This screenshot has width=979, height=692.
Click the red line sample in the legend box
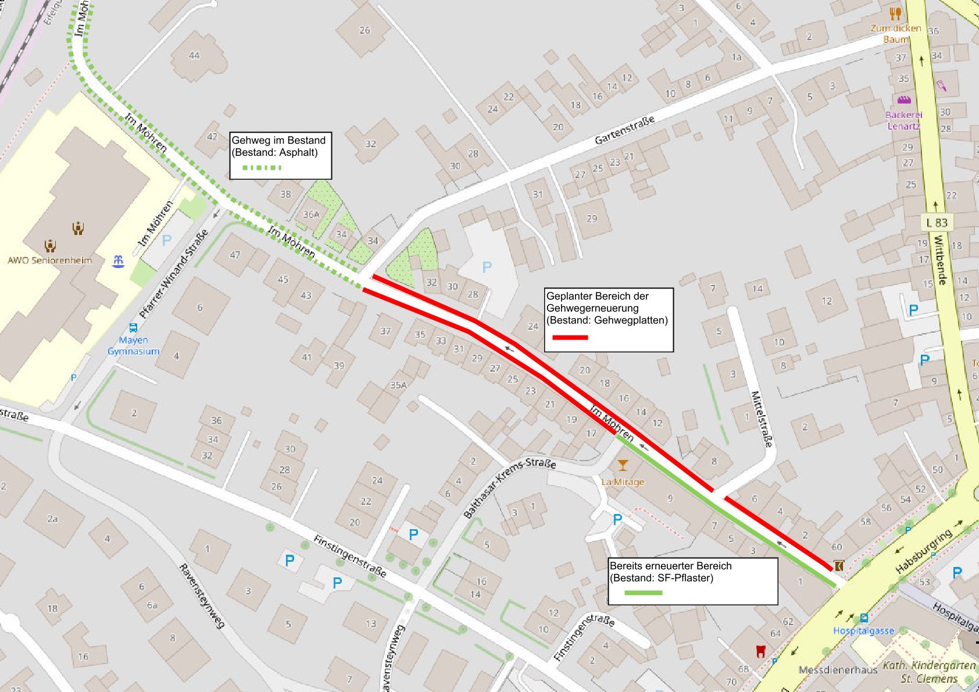(x=569, y=337)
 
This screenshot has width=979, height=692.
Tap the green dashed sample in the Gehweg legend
(x=262, y=167)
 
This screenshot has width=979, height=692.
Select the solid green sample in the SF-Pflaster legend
(x=643, y=593)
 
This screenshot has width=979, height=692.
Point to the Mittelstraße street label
(x=762, y=419)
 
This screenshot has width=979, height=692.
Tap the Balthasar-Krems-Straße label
(x=509, y=487)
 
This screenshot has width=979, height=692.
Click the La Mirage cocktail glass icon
(x=623, y=465)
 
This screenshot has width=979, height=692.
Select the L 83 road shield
(x=937, y=223)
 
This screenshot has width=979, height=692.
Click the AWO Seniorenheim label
(x=49, y=261)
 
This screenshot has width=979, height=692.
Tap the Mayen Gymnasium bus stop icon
(x=133, y=328)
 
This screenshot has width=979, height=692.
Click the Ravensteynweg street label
(x=201, y=596)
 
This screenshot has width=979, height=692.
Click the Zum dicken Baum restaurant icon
(x=895, y=13)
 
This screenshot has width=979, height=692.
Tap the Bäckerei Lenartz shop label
(x=903, y=120)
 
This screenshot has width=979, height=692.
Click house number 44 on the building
(x=194, y=56)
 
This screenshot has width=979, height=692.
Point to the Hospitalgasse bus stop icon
(x=864, y=618)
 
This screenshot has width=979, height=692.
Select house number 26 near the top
(x=365, y=30)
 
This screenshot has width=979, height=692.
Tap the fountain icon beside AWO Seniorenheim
(x=118, y=261)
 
